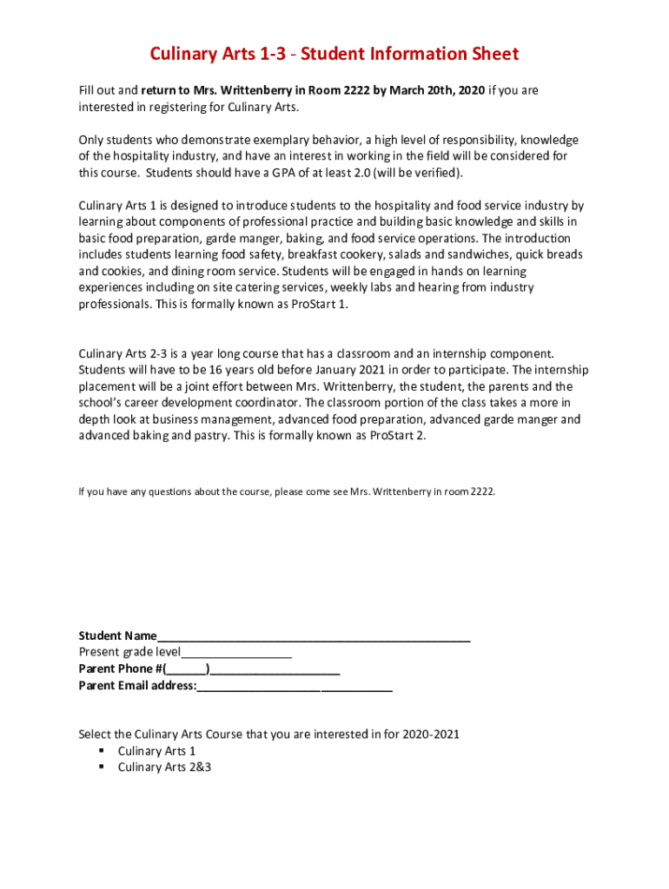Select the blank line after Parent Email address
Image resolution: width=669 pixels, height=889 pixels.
point(295,686)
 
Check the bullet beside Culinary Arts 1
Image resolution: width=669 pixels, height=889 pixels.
point(102,751)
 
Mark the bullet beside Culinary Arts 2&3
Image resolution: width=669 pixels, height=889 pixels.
point(102,767)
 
